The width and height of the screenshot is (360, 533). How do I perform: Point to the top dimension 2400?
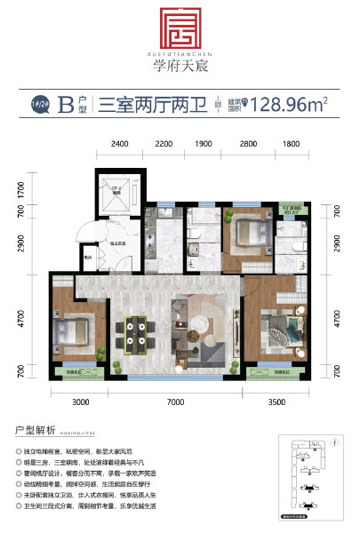(x=122, y=143)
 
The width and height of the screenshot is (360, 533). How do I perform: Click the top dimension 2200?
(x=164, y=143)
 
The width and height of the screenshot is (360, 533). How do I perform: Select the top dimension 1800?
(x=290, y=143)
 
